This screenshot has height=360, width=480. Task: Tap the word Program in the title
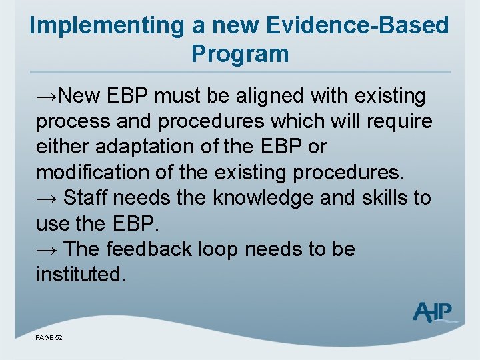pos(240,54)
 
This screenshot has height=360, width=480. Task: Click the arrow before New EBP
pos(47,97)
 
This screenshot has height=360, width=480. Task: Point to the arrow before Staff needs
pos(47,199)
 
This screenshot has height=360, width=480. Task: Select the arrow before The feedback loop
pos(47,249)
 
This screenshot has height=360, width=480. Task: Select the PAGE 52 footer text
pos(49,338)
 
